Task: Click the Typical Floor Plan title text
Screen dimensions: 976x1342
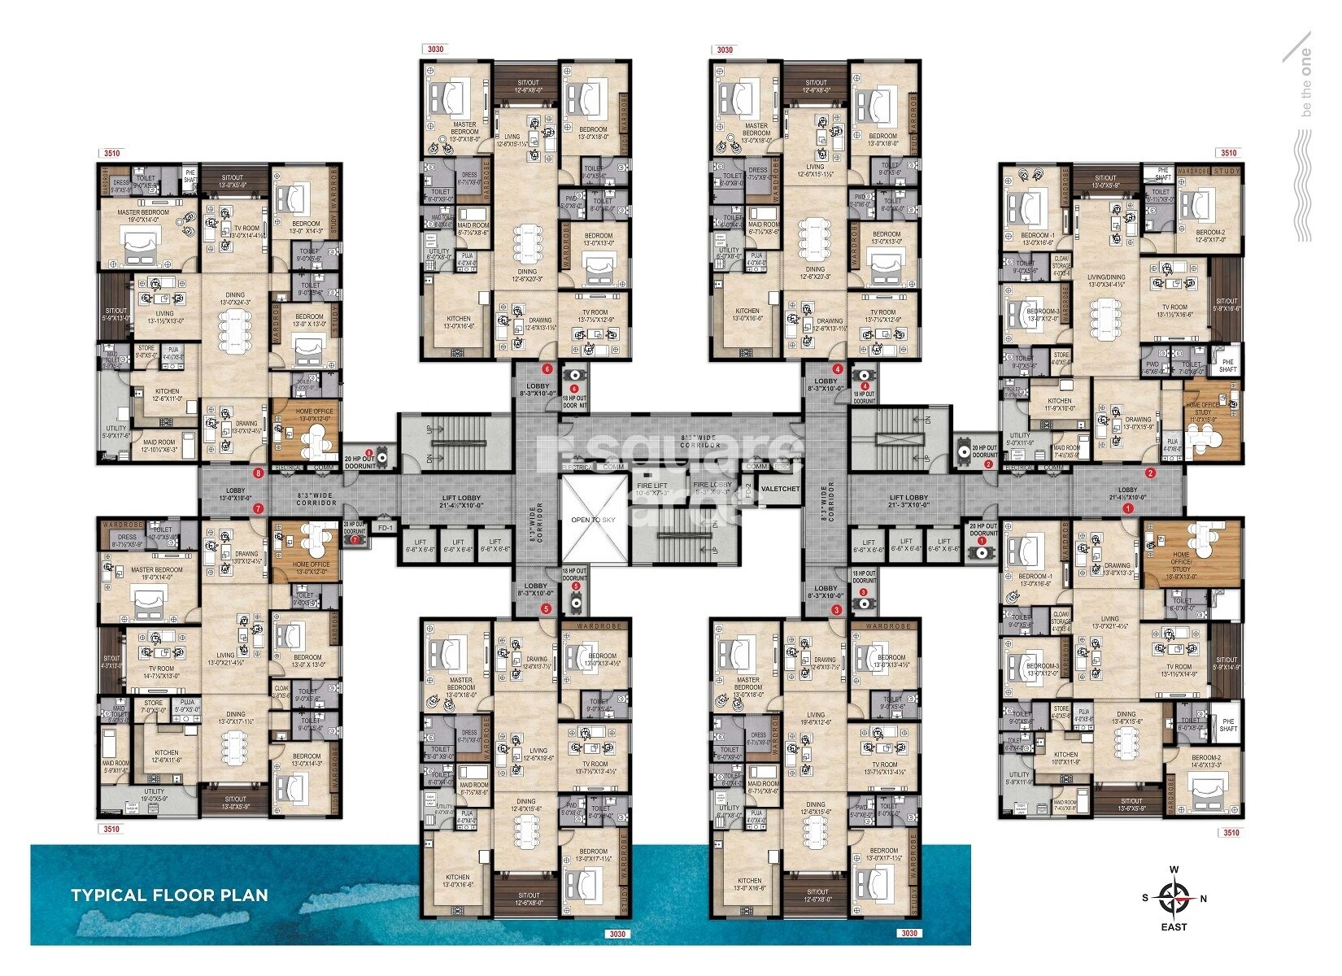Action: pyautogui.click(x=169, y=895)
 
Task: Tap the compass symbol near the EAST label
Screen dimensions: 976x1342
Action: pyautogui.click(x=1174, y=897)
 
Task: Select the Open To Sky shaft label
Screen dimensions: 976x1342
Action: pyautogui.click(x=592, y=520)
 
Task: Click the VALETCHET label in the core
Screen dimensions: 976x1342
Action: pyautogui.click(x=779, y=489)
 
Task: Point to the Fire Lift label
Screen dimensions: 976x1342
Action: pyautogui.click(x=651, y=486)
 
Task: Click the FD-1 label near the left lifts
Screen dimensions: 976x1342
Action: pyautogui.click(x=385, y=528)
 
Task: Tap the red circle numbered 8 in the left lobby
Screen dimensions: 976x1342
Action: pyautogui.click(x=259, y=473)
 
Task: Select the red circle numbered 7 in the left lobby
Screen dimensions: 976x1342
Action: pyautogui.click(x=258, y=509)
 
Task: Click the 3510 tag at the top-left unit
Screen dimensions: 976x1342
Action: pyautogui.click(x=111, y=153)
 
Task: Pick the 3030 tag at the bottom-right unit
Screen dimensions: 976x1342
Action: pyautogui.click(x=908, y=934)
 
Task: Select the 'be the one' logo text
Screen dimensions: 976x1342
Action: pyautogui.click(x=1306, y=82)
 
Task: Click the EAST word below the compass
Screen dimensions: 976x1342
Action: pyautogui.click(x=1174, y=927)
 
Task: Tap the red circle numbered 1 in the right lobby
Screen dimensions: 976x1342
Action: pyautogui.click(x=1127, y=508)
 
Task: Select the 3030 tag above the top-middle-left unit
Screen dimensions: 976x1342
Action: pyautogui.click(x=435, y=50)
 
